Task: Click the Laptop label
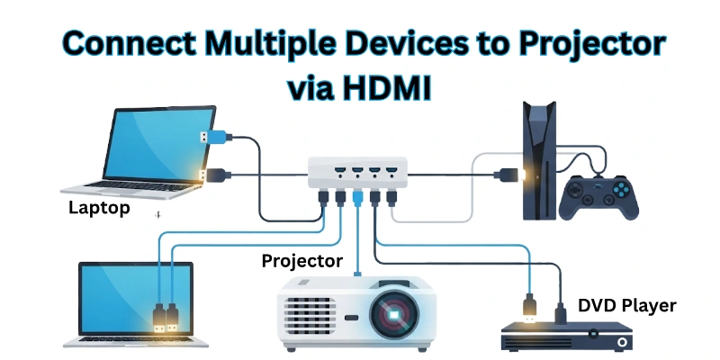pyautogui.click(x=99, y=209)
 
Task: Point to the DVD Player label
pyautogui.click(x=627, y=306)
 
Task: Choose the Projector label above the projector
pyautogui.click(x=302, y=261)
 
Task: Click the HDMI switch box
pyautogui.click(x=357, y=174)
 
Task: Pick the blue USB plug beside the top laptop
pyautogui.click(x=208, y=137)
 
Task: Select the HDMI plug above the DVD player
pyautogui.click(x=533, y=306)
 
